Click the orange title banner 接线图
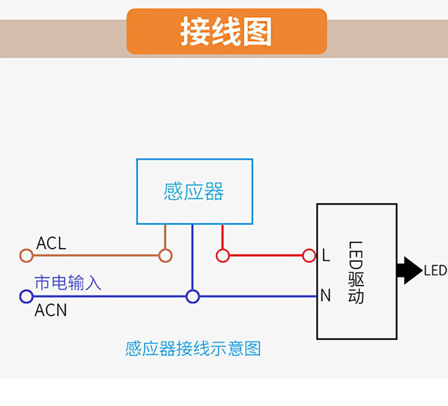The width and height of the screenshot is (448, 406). pos(226,32)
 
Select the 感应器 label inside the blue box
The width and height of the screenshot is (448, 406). pos(194,192)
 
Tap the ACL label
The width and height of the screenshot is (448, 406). pos(51,243)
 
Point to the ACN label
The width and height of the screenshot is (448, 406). pos(51,310)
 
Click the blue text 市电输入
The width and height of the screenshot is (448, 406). pos(67,283)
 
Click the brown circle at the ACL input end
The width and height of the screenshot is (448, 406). pos(26,255)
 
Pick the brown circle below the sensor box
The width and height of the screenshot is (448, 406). pos(165,255)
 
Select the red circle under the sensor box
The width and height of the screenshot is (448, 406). pos(223,255)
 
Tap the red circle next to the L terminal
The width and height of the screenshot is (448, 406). pos(309,255)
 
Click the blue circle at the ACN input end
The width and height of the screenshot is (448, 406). pos(26,297)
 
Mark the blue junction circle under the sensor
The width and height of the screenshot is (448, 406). pos(192,297)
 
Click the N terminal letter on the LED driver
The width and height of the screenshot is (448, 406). pos(325,296)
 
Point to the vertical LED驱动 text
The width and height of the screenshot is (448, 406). pos(356,271)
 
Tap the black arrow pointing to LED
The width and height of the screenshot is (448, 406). pos(409,270)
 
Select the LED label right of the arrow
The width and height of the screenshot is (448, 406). pos(435,270)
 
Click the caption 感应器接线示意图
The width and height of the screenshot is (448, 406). pos(193,348)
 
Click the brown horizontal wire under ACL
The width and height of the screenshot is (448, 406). pos(96,255)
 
